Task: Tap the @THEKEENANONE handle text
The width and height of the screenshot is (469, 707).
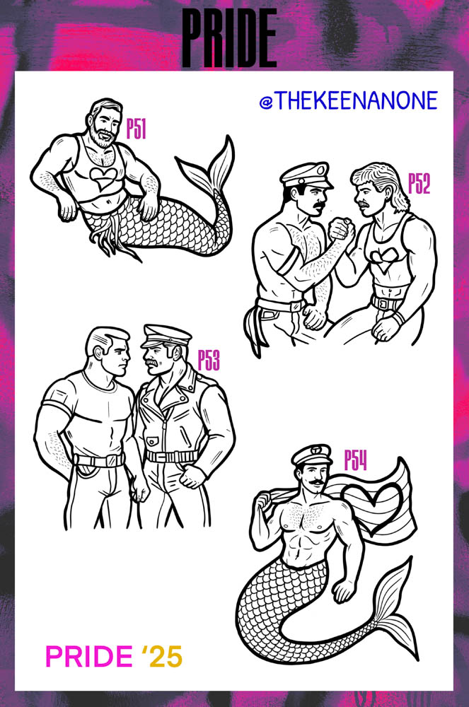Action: click(348, 101)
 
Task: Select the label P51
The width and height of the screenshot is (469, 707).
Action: click(136, 129)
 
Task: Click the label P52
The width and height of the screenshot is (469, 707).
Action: click(419, 184)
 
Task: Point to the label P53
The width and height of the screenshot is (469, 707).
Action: click(209, 361)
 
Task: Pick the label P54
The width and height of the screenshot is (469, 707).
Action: click(355, 460)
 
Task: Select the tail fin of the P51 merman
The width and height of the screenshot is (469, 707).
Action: click(209, 170)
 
